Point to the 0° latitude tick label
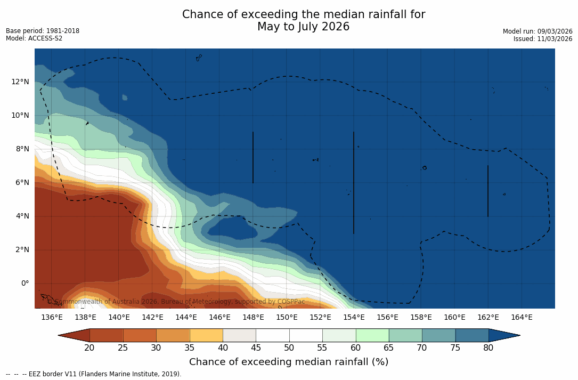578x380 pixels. [25, 283]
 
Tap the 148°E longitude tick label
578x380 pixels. [253, 317]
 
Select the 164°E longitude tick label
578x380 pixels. [522, 317]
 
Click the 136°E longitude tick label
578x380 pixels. [52, 317]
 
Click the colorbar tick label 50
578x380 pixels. [289, 348]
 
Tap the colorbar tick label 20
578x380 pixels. [89, 348]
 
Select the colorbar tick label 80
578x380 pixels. [489, 348]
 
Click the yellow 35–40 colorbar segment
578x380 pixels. [206, 335]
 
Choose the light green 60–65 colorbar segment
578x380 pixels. [372, 335]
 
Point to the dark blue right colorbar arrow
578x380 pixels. [503, 335]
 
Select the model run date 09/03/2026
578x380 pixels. [554, 31]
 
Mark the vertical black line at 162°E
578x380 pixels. [488, 191]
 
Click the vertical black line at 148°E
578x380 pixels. [253, 157]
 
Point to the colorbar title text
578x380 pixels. [289, 362]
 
